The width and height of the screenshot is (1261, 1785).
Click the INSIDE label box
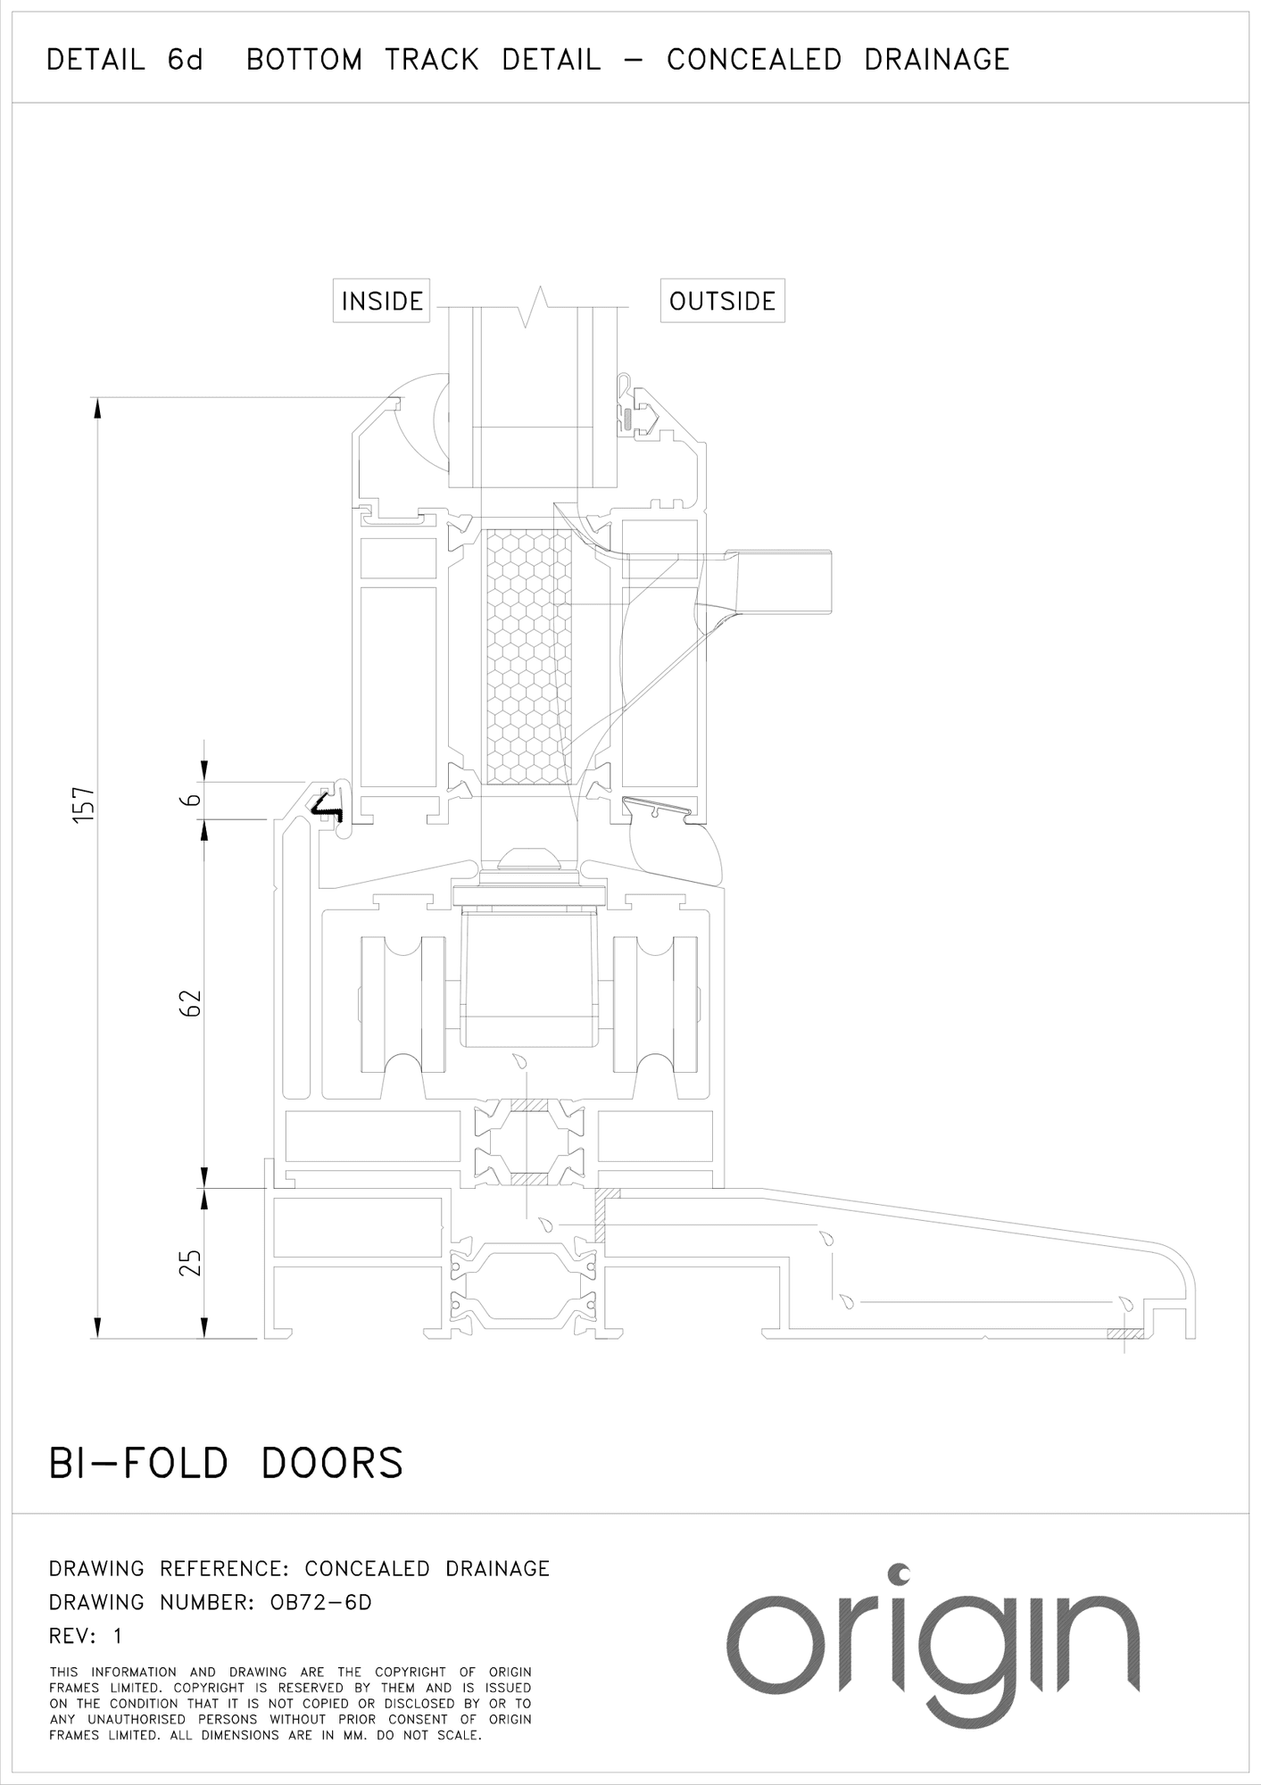coord(382,301)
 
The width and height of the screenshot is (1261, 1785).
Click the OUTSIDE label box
coord(722,301)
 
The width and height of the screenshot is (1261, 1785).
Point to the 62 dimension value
coord(191,1002)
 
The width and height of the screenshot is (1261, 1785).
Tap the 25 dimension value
coord(191,1262)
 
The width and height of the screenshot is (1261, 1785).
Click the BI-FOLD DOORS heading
coord(226,1465)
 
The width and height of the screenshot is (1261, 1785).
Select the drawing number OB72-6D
coord(320,1602)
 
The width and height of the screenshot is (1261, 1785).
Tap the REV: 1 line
coord(86,1636)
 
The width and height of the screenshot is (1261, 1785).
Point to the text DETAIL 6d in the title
coord(125,60)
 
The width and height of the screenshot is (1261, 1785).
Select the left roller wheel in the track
coord(402,1003)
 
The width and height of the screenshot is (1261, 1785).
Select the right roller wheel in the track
coord(654,1003)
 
